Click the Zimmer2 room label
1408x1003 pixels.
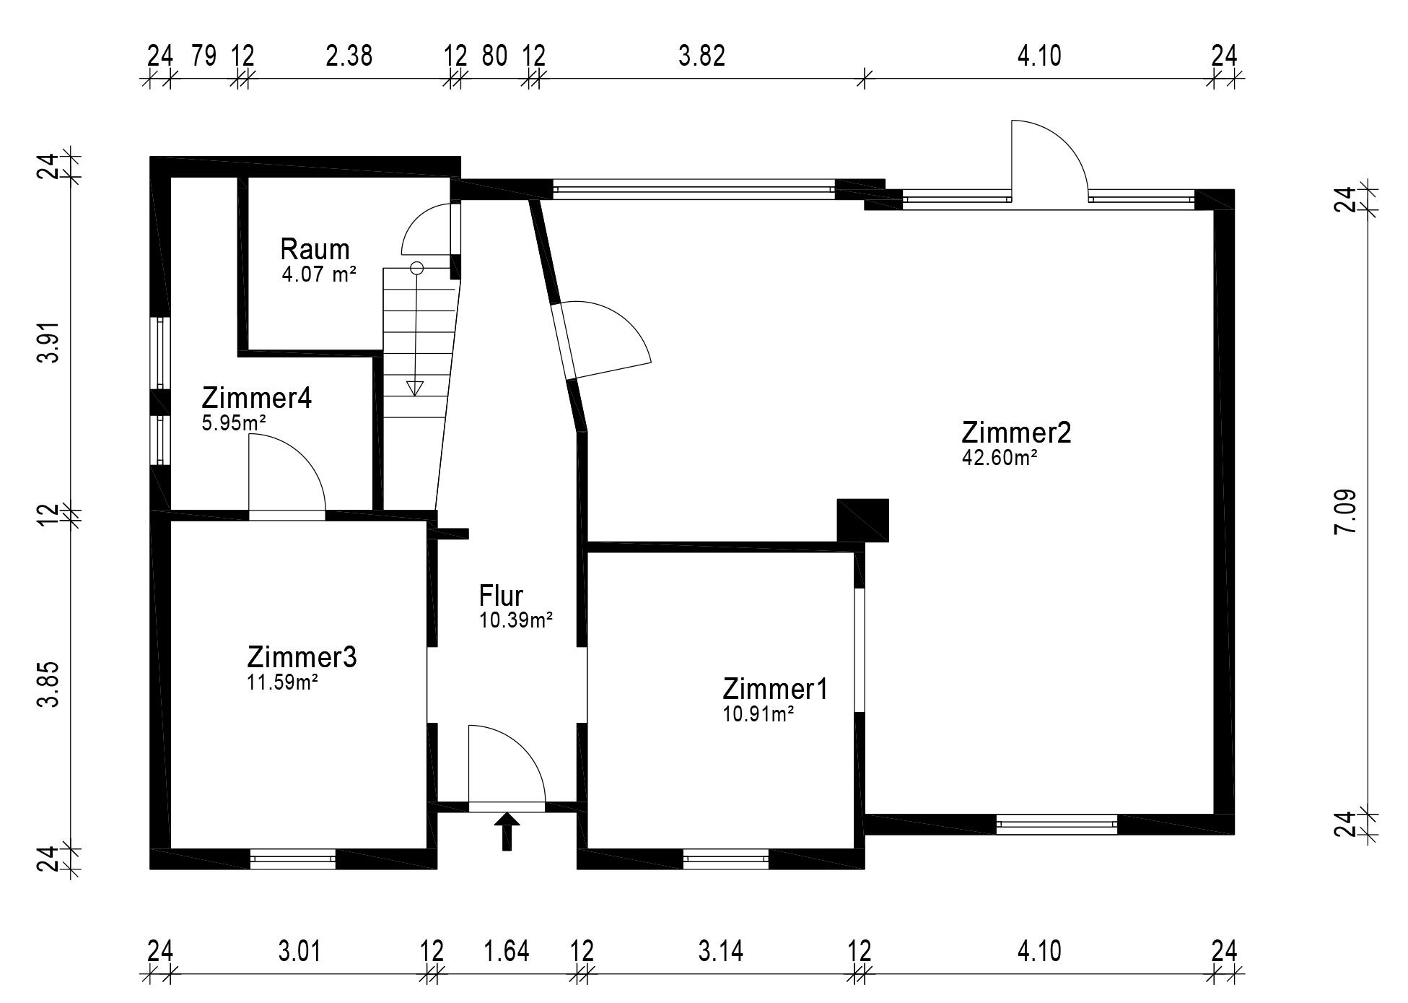tap(1016, 433)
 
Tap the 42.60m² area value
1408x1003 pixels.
tap(1000, 457)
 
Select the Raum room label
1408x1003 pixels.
tap(315, 249)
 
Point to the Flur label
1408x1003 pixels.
tap(501, 596)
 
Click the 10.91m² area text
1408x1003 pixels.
tap(758, 714)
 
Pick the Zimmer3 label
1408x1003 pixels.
tap(302, 657)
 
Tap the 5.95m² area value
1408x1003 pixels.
tap(234, 422)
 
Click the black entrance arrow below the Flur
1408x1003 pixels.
tap(507, 831)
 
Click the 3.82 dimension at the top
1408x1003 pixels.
tap(701, 56)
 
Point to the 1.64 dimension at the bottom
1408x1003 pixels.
tap(507, 951)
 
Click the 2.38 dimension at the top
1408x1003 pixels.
tap(349, 56)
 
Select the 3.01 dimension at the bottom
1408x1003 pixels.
tap(299, 951)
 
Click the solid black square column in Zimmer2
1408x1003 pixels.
tap(862, 520)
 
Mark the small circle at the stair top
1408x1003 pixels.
tap(416, 268)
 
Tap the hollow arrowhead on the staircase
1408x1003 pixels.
tap(415, 388)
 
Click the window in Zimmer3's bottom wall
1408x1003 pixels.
tap(293, 859)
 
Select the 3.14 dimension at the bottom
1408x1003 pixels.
tap(720, 951)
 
